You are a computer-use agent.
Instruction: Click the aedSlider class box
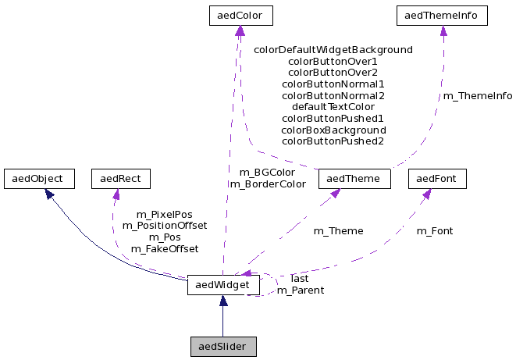(223, 346)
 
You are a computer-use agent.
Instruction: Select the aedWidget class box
(222, 286)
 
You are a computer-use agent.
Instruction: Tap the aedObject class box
(38, 178)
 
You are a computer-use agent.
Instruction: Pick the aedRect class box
(120, 178)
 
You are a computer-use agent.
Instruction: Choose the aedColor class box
(240, 15)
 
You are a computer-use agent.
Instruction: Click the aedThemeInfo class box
(443, 15)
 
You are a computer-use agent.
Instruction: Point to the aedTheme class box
(354, 178)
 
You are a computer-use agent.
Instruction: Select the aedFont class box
(436, 178)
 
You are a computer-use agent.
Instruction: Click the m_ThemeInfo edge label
(478, 96)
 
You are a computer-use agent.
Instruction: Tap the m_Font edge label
(434, 230)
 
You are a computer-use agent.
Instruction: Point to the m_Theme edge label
(338, 230)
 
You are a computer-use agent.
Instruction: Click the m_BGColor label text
(267, 172)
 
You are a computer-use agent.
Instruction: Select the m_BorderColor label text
(267, 184)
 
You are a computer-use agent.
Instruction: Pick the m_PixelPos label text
(164, 214)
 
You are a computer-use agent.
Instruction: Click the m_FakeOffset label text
(164, 248)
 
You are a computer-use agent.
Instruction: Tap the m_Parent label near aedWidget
(301, 290)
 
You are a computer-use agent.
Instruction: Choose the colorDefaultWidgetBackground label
(333, 49)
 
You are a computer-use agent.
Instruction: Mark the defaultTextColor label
(333, 106)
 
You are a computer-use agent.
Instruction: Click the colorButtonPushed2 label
(333, 141)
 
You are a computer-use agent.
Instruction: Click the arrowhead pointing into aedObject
(48, 192)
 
